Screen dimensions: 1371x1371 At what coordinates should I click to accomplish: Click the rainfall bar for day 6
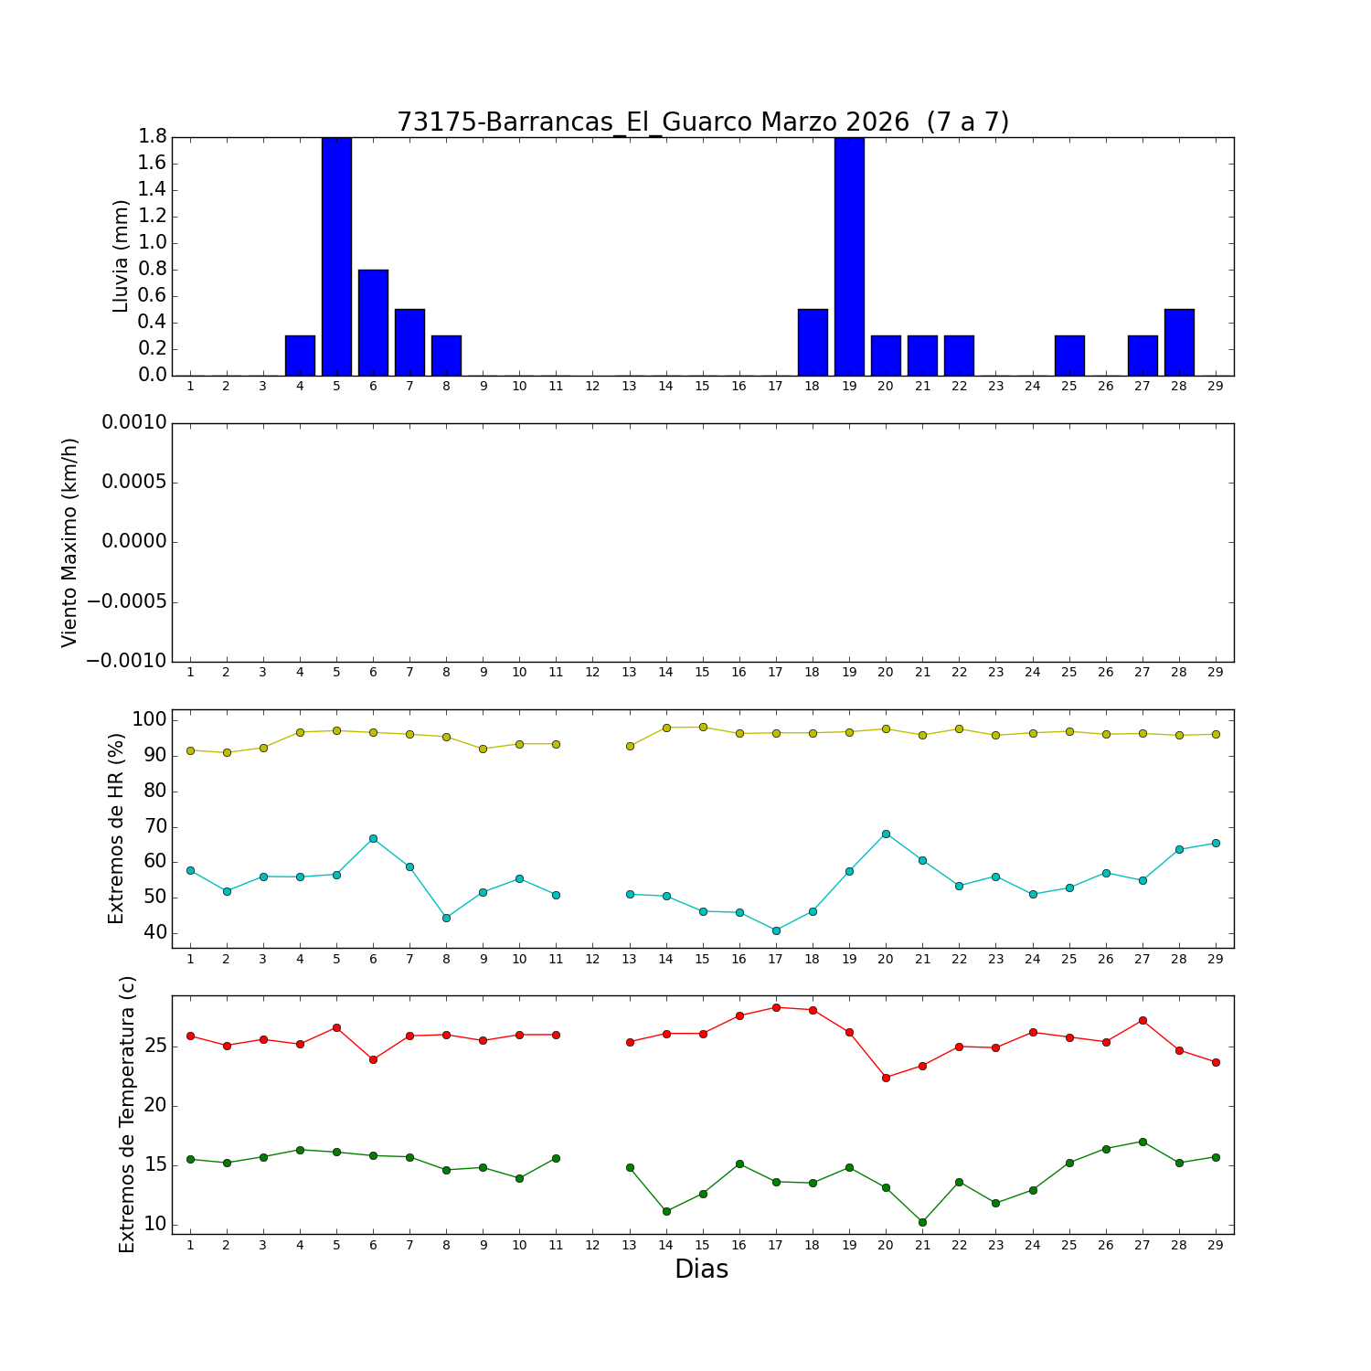[x=373, y=322]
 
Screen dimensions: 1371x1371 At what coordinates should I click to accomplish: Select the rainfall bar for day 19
[x=849, y=256]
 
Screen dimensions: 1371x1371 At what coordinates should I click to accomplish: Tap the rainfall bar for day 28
[x=1179, y=342]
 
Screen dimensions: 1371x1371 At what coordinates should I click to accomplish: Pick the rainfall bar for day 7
[x=409, y=342]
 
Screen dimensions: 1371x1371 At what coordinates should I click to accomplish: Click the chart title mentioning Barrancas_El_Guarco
[x=702, y=122]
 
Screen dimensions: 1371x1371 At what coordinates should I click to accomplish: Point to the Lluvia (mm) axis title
[x=121, y=256]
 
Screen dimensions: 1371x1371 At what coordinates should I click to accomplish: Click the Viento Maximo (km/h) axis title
[x=70, y=542]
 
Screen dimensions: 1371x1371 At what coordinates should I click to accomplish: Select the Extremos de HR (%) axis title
[x=116, y=828]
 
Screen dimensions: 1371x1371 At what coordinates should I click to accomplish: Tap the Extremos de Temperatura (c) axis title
[x=127, y=1114]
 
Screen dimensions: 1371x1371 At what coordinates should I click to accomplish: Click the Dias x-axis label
[x=701, y=1270]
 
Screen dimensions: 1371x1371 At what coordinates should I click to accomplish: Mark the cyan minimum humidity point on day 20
[x=886, y=834]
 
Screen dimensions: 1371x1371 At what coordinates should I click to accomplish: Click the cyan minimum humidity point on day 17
[x=776, y=930]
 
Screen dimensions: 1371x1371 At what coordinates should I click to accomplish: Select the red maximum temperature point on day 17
[x=776, y=1007]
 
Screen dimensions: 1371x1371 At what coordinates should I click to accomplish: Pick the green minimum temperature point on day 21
[x=922, y=1222]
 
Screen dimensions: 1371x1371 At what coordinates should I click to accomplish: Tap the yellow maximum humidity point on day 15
[x=703, y=727]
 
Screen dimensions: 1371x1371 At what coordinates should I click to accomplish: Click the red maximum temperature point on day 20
[x=886, y=1078]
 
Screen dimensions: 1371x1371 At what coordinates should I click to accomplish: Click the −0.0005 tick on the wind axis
[x=127, y=601]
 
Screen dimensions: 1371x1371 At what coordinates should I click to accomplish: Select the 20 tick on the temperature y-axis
[x=152, y=1106]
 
